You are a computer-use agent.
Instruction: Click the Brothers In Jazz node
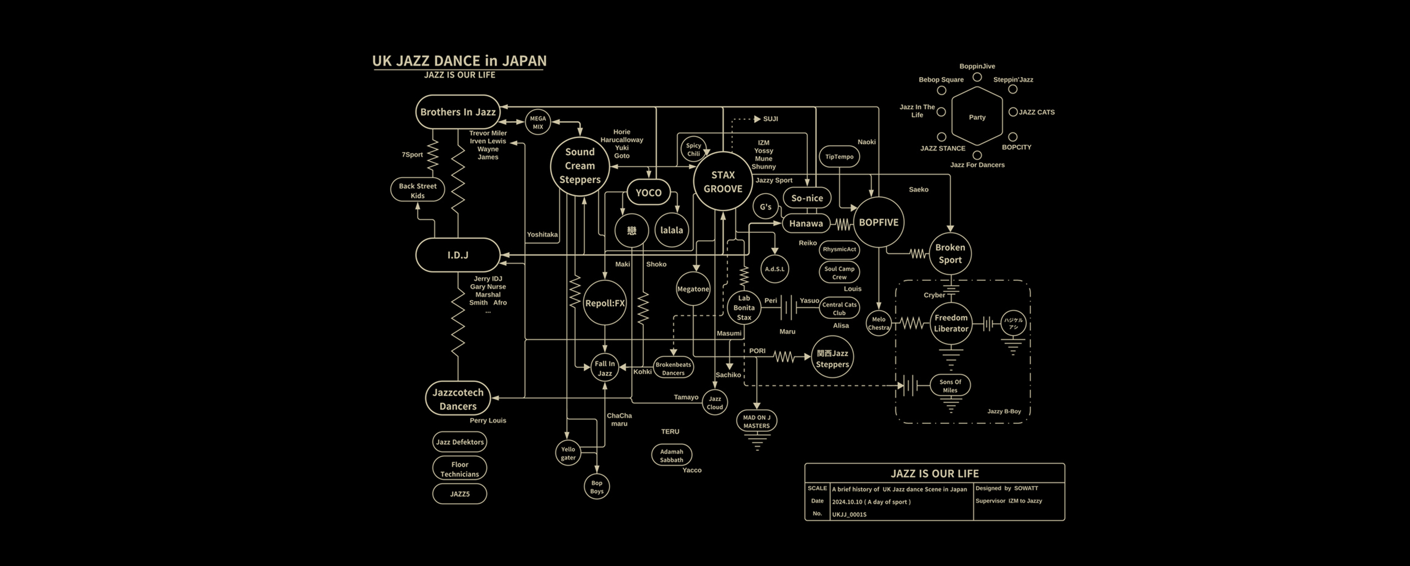458,112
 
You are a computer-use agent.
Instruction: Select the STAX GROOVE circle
723,182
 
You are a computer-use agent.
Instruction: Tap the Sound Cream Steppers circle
579,166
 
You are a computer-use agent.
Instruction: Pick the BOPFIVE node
878,222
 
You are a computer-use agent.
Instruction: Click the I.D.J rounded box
458,255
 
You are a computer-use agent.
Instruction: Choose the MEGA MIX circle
538,122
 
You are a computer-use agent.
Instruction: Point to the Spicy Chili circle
693,149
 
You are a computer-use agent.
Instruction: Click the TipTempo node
839,156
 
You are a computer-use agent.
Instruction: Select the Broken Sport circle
950,254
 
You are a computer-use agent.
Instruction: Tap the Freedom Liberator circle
951,323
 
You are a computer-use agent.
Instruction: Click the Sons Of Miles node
950,386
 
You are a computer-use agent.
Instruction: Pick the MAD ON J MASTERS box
756,421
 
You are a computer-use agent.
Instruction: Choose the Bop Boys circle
596,487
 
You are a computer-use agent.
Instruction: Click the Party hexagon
977,117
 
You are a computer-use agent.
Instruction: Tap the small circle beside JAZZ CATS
1012,112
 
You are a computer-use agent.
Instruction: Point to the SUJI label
770,119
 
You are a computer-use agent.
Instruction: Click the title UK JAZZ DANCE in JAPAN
459,61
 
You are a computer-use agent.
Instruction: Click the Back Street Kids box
417,191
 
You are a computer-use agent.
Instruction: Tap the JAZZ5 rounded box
459,494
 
